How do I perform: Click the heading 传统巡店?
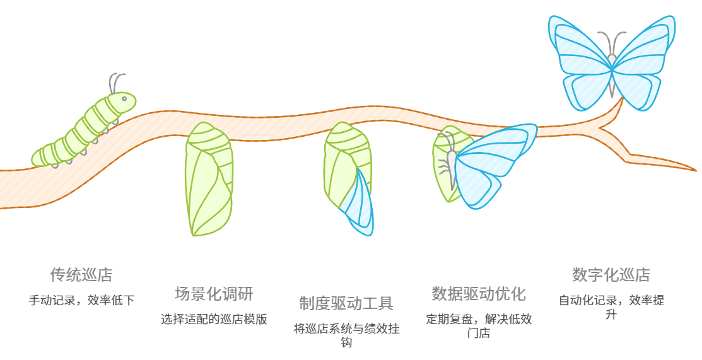(x=81, y=275)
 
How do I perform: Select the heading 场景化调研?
(x=214, y=294)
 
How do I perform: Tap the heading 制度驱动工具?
(x=346, y=303)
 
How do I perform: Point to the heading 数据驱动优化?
(x=479, y=294)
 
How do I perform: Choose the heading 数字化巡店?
(x=611, y=275)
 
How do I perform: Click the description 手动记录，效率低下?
(x=81, y=300)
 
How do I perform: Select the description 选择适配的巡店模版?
(x=214, y=319)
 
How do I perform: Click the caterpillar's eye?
(x=124, y=98)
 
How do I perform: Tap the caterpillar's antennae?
(x=116, y=82)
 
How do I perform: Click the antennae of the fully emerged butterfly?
(x=611, y=43)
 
